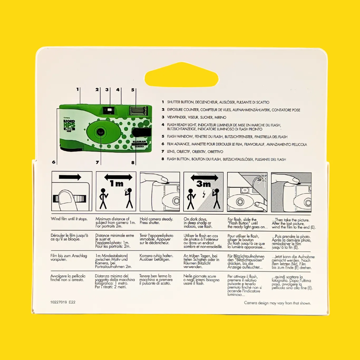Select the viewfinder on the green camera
[x=109, y=110]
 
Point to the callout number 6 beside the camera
[x=53, y=162]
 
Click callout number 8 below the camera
[x=133, y=163]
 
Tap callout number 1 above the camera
[x=77, y=89]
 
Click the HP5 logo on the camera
[x=69, y=124]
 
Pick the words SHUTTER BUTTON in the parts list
[x=180, y=102]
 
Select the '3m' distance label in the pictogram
[x=203, y=184]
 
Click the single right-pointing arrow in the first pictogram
[x=70, y=177]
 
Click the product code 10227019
[x=59, y=302]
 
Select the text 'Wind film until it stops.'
[x=69, y=219]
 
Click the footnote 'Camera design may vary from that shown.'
[x=278, y=303]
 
